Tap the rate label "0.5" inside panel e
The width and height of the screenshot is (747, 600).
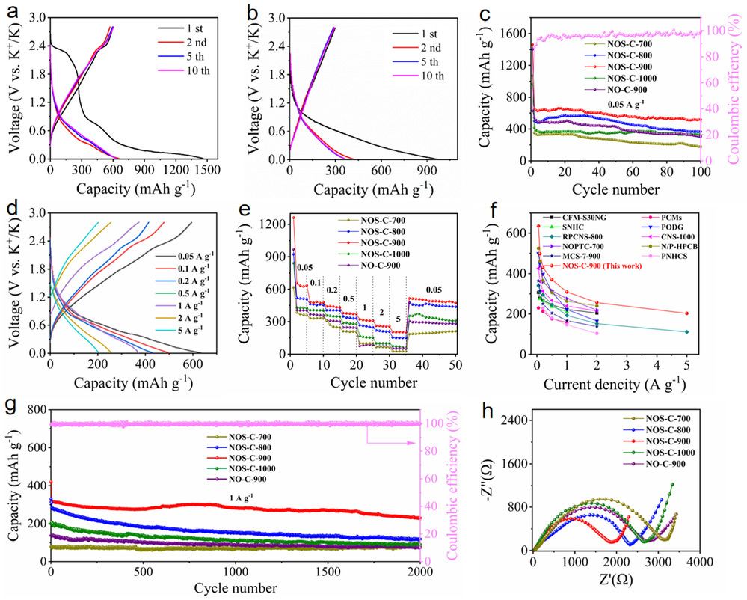(x=348, y=300)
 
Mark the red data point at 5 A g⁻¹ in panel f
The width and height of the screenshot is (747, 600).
(x=686, y=313)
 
